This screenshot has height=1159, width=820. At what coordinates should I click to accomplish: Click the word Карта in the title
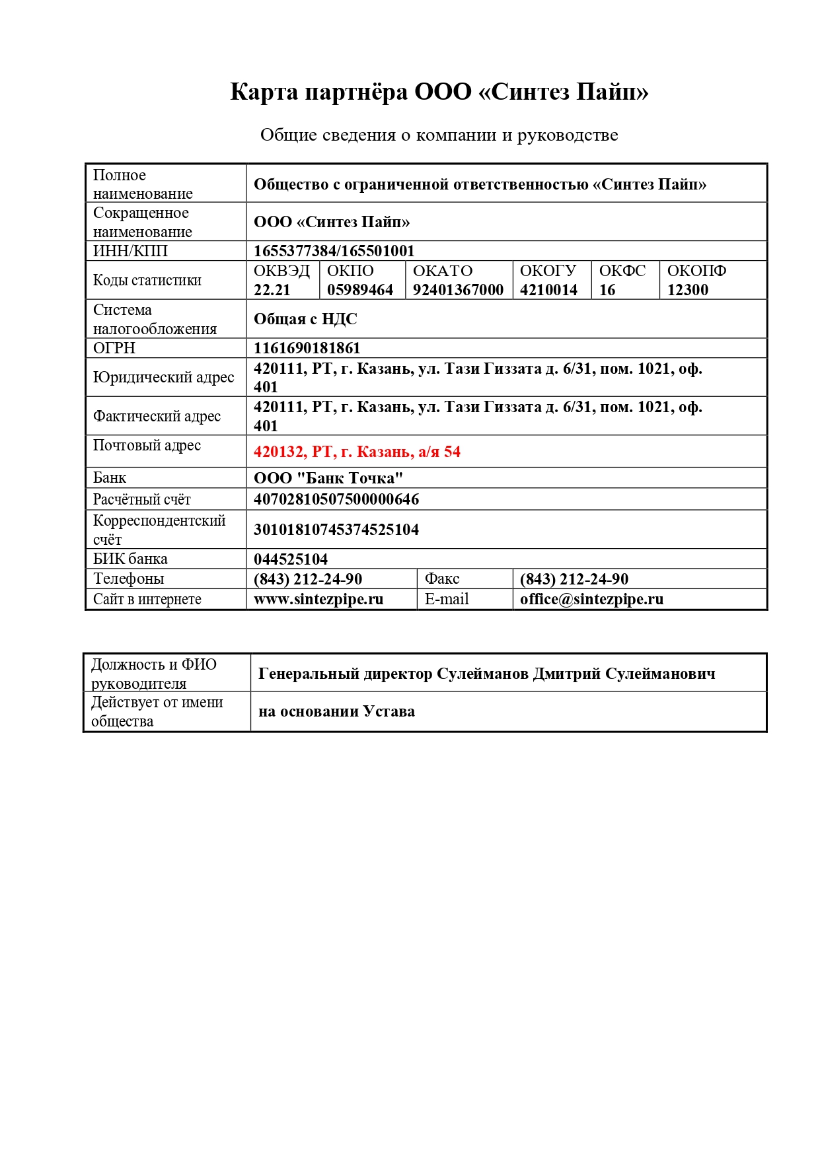(264, 91)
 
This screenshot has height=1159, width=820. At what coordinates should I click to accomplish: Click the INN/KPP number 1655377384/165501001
(334, 251)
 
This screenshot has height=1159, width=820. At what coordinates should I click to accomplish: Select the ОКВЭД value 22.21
(272, 290)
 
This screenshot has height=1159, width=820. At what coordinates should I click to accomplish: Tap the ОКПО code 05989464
(359, 290)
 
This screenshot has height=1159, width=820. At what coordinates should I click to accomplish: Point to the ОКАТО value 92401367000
(458, 290)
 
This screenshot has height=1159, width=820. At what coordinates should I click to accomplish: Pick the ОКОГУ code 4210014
(548, 290)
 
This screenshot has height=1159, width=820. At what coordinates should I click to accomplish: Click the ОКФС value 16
(607, 290)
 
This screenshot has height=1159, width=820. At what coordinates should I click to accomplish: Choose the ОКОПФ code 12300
(687, 290)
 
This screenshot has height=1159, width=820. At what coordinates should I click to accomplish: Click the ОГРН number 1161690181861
(307, 348)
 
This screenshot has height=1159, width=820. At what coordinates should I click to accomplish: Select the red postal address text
(357, 452)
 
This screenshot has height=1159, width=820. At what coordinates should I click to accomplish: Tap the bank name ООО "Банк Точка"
(328, 478)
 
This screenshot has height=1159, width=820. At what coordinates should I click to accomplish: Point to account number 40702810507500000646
(336, 499)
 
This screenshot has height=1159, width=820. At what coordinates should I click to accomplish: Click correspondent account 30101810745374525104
(336, 530)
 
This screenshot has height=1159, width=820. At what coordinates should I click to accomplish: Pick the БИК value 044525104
(290, 559)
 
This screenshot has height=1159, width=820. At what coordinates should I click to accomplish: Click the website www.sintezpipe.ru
(318, 599)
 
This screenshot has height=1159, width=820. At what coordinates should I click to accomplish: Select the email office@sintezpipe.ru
(591, 599)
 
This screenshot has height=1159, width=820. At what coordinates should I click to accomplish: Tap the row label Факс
(441, 579)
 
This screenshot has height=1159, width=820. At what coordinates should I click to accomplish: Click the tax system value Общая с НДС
(305, 319)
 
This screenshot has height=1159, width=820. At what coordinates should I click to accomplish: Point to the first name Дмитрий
(566, 674)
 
